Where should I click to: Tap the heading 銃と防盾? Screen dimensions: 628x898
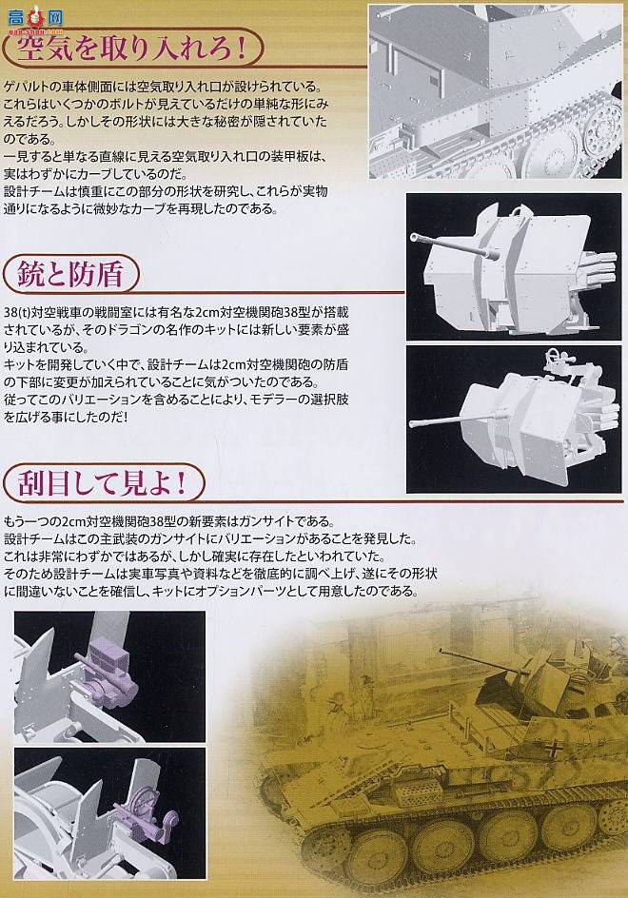[69, 273]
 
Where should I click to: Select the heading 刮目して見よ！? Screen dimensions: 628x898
[102, 485]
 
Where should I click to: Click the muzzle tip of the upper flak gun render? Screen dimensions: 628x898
[414, 237]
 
